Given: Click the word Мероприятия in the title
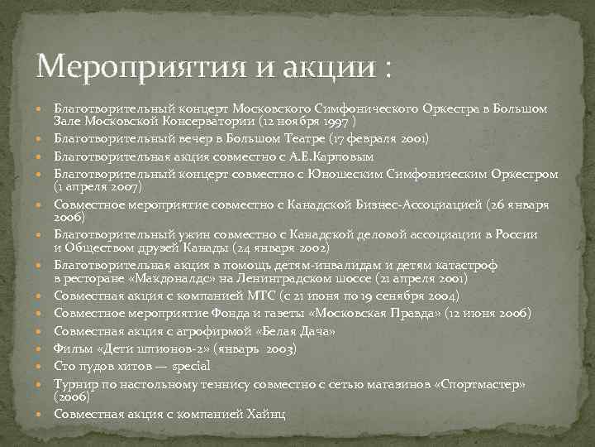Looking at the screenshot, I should point(123,65).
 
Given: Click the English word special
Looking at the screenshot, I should point(191,365).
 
